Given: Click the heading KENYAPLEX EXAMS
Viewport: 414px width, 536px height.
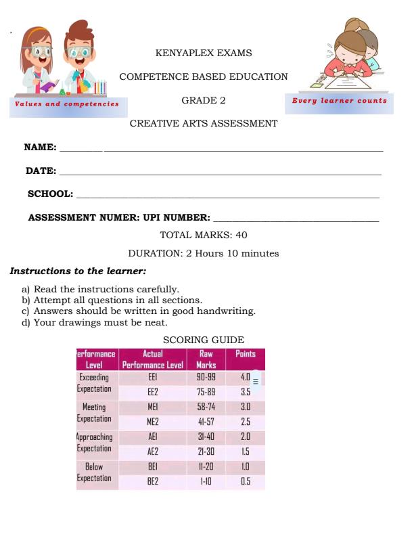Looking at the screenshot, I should coord(204,53).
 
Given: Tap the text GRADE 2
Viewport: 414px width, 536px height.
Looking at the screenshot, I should coord(204,100).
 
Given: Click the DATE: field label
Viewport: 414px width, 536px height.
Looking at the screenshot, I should coord(41,171).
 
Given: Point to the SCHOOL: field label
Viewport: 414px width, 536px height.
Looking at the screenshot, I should coord(50,194).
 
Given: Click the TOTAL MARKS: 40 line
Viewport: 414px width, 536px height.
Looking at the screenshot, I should coord(204,235).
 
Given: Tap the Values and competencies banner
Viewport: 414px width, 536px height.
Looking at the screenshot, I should coord(66,104).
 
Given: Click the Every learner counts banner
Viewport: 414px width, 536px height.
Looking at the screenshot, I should coord(340,101).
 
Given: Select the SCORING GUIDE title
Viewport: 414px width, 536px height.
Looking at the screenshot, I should coord(204,340).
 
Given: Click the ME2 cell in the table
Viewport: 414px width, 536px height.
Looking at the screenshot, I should coord(152,421).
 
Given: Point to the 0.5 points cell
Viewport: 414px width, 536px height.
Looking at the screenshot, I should coord(245,482).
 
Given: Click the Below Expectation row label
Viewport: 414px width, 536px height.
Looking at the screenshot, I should coord(94,472).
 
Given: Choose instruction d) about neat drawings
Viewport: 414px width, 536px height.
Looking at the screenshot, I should coord(95,322).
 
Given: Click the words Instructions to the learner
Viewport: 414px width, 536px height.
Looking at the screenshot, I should coord(78,271).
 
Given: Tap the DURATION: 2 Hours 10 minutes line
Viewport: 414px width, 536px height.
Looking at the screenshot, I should coord(204,254).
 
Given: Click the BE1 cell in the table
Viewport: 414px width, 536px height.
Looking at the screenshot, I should coord(152,467).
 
